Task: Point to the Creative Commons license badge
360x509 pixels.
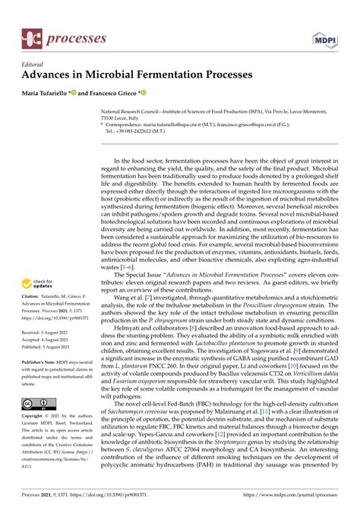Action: [x=36, y=403]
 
